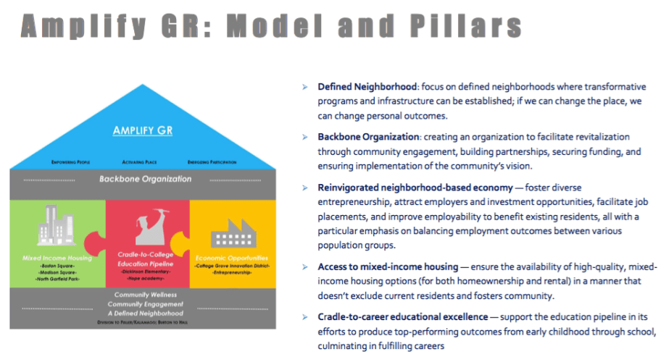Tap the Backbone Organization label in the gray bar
tap(143, 178)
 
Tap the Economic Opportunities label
tap(232, 257)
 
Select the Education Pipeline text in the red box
tap(143, 264)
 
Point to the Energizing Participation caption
tap(212, 162)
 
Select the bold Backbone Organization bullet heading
tap(368, 136)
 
